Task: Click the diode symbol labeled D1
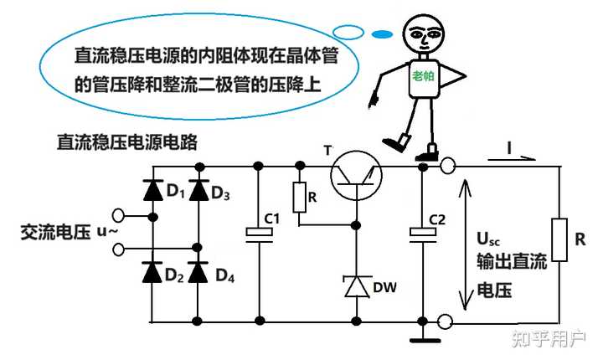point(152,190)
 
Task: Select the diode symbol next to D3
point(198,190)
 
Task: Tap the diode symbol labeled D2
point(152,272)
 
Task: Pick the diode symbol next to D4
point(198,272)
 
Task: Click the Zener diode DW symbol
point(357,286)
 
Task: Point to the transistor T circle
point(356,175)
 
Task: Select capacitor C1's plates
point(259,235)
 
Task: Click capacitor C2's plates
point(423,235)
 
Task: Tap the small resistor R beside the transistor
point(300,198)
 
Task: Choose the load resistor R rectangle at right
point(559,240)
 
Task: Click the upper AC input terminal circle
point(118,216)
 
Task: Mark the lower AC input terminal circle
point(118,249)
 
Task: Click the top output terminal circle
point(447,167)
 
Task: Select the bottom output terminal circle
point(446,322)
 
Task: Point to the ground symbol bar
point(425,340)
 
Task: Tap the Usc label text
point(488,239)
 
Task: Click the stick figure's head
point(423,33)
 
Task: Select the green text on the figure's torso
point(423,76)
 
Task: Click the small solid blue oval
point(382,34)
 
